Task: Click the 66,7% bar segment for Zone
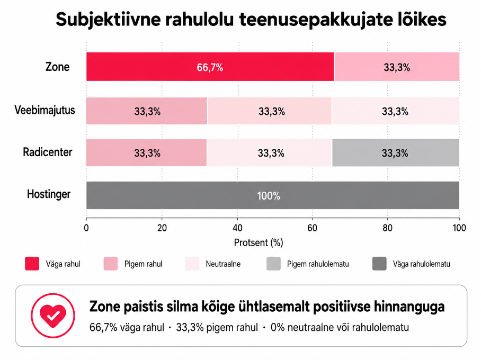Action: (210, 67)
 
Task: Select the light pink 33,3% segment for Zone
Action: (397, 67)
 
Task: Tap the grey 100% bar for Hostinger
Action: (273, 195)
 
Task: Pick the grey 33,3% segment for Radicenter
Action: (396, 152)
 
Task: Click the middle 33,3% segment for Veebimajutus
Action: (270, 111)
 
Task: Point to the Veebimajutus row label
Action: (45, 110)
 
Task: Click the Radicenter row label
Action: (48, 152)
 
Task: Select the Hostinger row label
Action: (49, 194)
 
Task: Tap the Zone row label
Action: (57, 67)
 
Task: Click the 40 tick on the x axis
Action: (237, 228)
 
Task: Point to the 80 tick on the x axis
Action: (387, 228)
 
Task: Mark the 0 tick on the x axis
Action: (86, 228)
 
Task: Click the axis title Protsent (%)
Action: (259, 243)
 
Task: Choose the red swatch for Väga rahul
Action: (32, 264)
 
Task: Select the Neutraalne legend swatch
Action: (192, 264)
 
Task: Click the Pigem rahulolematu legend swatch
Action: (274, 264)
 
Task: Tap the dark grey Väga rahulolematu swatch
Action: (379, 264)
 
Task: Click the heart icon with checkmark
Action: (53, 316)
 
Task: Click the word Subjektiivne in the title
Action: (108, 20)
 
